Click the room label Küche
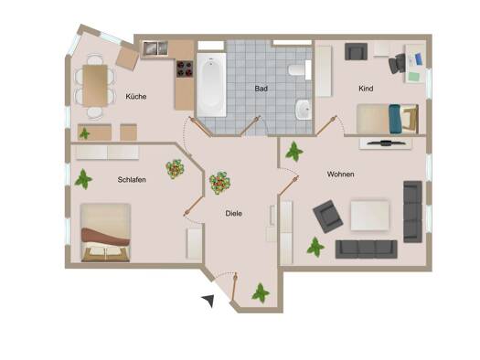(136, 97)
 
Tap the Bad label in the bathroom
(261, 89)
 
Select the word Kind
(366, 89)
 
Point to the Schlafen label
(132, 179)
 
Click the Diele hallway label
(233, 214)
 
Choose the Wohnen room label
(341, 175)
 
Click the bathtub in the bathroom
(211, 85)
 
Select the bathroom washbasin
(304, 110)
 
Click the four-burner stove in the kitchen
(185, 69)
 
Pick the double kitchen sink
(155, 48)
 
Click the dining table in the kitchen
(95, 85)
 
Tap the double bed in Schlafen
(105, 233)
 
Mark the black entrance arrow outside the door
(208, 301)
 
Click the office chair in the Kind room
(398, 63)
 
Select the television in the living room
(385, 143)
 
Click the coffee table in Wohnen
(369, 216)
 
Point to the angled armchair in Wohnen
(328, 217)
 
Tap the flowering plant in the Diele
(219, 183)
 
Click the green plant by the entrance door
(261, 292)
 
